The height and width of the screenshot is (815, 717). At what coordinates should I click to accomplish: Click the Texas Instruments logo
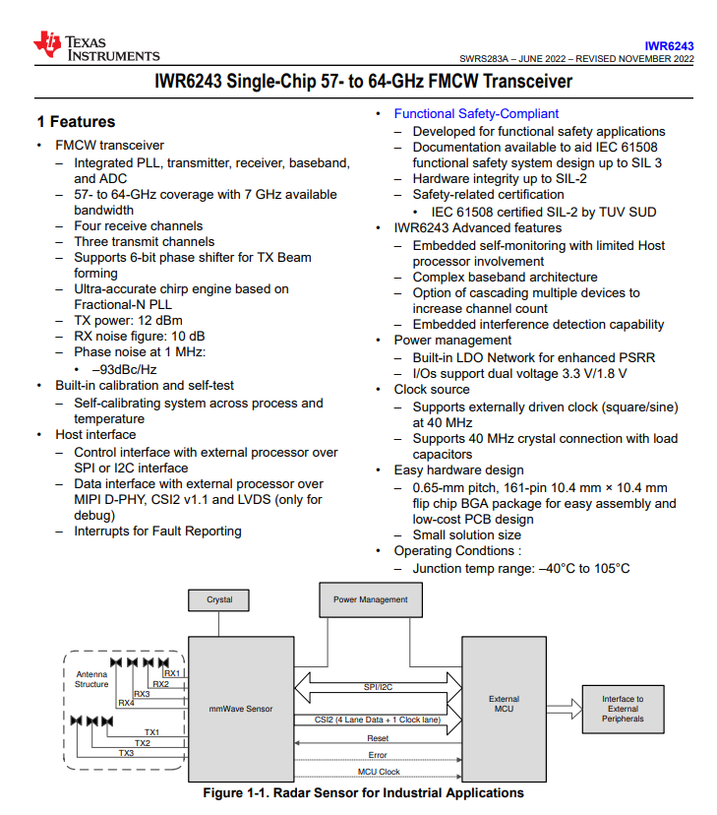(95, 46)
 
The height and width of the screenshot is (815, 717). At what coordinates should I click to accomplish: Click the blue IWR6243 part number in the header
(669, 45)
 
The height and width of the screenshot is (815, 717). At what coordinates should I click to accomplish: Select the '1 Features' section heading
(76, 122)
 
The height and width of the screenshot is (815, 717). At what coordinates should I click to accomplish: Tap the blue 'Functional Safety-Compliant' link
(476, 114)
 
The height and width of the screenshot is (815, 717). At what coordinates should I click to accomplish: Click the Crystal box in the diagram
(219, 599)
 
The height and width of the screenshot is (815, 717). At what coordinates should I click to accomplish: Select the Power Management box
(370, 599)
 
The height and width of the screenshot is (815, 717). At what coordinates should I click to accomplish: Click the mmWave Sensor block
(241, 708)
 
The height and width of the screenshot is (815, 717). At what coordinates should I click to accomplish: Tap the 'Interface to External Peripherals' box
(623, 709)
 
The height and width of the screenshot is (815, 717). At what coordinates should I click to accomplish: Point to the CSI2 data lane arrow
(378, 720)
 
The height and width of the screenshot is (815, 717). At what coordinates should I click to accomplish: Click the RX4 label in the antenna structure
(126, 703)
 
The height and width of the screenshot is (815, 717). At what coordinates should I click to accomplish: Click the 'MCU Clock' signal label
(378, 772)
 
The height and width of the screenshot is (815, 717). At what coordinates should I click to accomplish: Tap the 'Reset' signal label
(378, 738)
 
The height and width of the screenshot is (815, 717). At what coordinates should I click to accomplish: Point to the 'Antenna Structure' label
(91, 679)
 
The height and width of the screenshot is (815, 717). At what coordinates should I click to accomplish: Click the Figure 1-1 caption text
(363, 793)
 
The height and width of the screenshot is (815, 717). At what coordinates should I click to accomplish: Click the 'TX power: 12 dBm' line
(128, 321)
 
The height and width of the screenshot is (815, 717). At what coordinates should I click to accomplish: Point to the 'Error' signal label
(378, 755)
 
